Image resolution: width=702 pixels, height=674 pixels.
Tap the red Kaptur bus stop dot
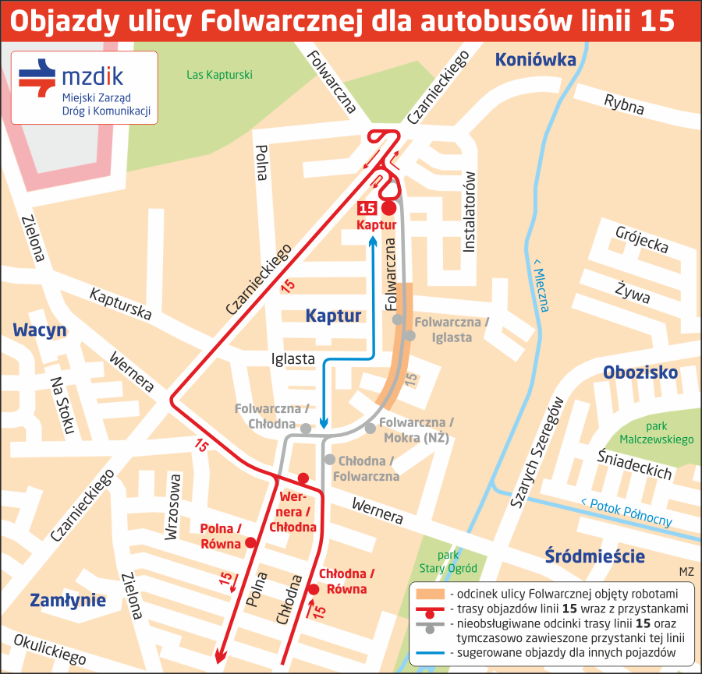(388, 208)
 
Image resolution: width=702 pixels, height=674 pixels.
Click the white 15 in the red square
(367, 208)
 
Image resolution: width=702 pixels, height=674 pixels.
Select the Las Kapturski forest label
(220, 76)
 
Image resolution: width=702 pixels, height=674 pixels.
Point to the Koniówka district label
(535, 59)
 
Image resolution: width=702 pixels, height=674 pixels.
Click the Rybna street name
(624, 104)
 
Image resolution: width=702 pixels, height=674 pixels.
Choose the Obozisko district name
(640, 372)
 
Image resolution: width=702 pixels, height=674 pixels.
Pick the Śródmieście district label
(594, 556)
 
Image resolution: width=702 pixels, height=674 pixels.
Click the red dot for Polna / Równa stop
(250, 543)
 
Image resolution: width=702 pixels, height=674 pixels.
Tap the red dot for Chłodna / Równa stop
(314, 589)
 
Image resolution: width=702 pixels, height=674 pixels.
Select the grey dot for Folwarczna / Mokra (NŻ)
(370, 429)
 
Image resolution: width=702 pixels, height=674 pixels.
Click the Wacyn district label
(40, 330)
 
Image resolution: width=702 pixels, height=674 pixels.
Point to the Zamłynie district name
(68, 600)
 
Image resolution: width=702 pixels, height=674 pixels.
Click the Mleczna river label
(540, 284)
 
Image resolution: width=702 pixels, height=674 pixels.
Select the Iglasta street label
(292, 359)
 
